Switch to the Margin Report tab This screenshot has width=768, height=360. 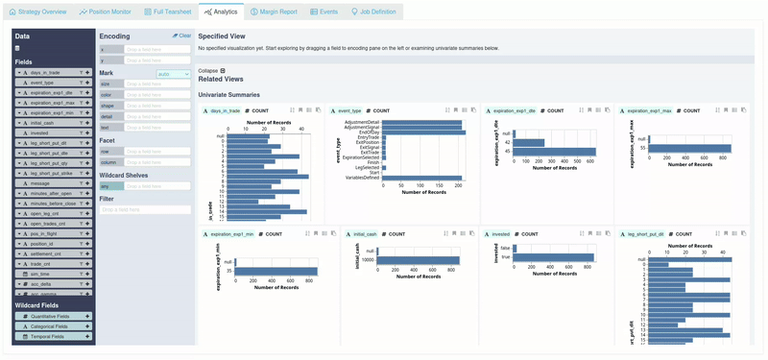(274, 12)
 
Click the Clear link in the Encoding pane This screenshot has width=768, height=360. (181, 36)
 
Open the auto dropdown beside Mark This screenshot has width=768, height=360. (173, 73)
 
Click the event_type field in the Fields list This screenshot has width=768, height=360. (42, 83)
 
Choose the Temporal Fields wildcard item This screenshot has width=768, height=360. (48, 337)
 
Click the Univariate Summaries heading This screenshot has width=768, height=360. (229, 94)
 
